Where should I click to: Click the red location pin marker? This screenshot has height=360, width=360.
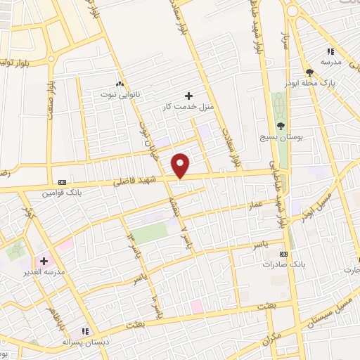(181, 165)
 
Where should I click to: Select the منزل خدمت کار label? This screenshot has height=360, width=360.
(188, 106)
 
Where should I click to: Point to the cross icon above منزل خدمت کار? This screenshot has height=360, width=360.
(188, 95)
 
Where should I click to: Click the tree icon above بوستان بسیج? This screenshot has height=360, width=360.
(281, 125)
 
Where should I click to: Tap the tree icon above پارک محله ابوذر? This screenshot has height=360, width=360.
(309, 72)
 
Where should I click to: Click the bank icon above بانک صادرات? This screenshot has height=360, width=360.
(283, 253)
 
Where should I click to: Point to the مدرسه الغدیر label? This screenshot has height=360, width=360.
(44, 272)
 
